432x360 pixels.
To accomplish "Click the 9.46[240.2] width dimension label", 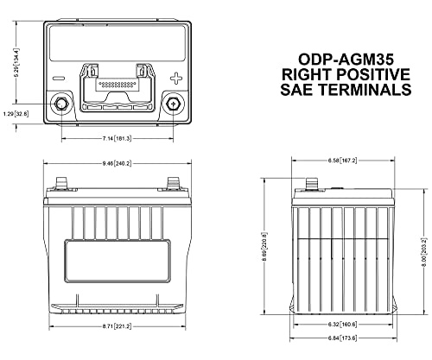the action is coord(117,164).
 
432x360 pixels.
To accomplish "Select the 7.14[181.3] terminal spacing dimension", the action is coord(117,139).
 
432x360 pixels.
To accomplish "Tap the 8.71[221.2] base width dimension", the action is coord(117,326).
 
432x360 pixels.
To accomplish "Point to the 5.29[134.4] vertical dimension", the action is coord(16,62).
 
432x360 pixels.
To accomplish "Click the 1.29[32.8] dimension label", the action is coord(16,114).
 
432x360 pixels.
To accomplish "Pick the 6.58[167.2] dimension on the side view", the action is coord(342,161).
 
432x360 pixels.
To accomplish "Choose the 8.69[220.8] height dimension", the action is coord(265,247).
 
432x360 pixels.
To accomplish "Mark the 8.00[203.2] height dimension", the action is coord(423,252).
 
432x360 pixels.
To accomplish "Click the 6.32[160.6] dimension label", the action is coord(342,325).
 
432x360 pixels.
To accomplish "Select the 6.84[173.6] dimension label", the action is coord(342,338).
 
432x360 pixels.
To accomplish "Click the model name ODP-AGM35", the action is coord(346,60).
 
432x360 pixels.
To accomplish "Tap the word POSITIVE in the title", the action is coord(373,74).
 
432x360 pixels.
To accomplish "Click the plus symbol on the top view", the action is coord(176,78).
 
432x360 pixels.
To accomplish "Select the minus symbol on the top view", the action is coord(59,79).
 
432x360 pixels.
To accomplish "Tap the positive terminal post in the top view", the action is coord(173,104).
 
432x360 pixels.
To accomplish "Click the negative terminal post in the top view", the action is coord(60,104).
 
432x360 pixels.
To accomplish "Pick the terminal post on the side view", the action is coord(311,184).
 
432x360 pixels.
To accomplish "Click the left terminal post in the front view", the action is coord(61,183).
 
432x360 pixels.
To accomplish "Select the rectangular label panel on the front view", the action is coord(118,261).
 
